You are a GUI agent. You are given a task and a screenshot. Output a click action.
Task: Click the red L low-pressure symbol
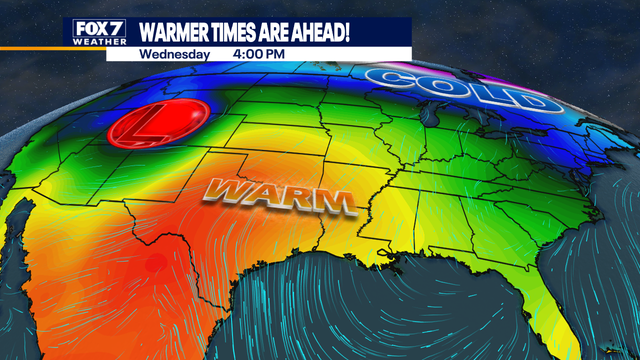click(x=158, y=125)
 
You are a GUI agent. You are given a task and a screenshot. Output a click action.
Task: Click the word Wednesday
click(x=174, y=53)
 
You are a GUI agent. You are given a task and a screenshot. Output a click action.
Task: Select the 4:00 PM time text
click(x=259, y=53)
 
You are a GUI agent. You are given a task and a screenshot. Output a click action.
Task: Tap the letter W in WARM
click(x=227, y=191)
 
